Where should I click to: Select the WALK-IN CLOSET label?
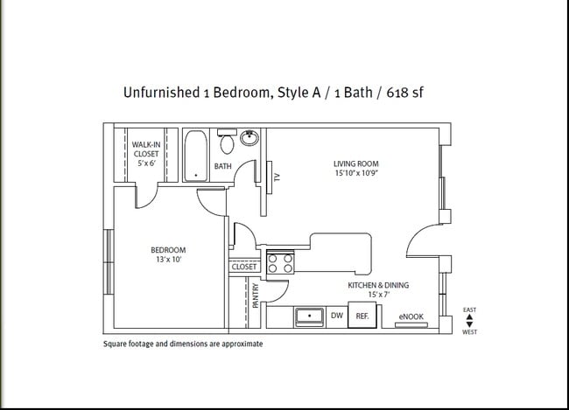coord(146,154)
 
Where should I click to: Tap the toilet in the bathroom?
coord(227,143)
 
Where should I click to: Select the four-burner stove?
coord(279,262)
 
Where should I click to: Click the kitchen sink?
coord(309,316)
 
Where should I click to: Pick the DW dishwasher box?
coord(336,316)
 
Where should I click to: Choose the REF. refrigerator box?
coord(362,316)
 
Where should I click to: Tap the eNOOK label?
coord(411,316)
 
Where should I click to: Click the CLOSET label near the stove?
coord(244,267)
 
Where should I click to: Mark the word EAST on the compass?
coord(469,309)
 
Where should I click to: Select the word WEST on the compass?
coord(469,332)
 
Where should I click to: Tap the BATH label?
coord(223,166)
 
